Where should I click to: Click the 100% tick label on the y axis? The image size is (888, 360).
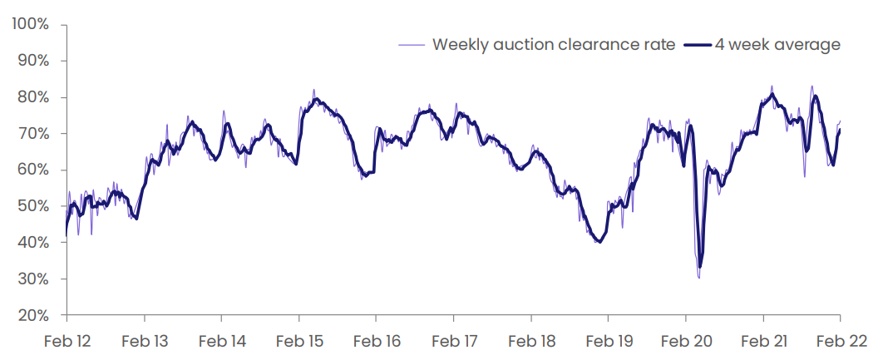click(x=29, y=25)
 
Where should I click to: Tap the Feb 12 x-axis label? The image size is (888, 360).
click(x=67, y=342)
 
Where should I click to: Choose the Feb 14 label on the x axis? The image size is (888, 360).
click(x=221, y=342)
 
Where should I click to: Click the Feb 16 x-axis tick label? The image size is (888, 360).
click(x=376, y=342)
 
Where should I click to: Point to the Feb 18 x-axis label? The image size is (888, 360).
click(x=530, y=342)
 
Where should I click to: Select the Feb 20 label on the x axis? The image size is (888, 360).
click(x=685, y=342)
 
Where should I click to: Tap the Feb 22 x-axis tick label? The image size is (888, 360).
click(x=840, y=342)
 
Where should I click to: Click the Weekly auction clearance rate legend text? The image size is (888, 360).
click(x=554, y=45)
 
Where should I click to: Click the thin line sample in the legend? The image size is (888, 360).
click(x=412, y=45)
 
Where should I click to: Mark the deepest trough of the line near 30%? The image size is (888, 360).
click(x=699, y=278)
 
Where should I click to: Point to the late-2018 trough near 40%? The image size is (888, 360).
click(x=599, y=242)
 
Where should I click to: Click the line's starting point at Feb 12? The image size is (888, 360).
click(x=67, y=235)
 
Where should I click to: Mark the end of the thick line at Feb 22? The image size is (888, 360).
click(x=840, y=131)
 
